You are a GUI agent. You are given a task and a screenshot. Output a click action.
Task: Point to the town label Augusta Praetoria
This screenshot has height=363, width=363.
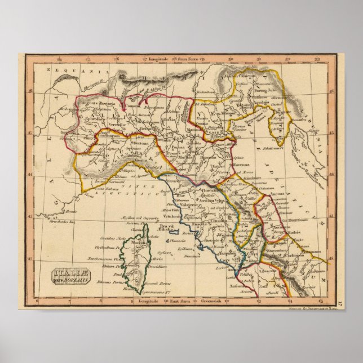(x=98, y=104)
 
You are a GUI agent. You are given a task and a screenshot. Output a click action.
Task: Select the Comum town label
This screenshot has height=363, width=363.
(x=133, y=105)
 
